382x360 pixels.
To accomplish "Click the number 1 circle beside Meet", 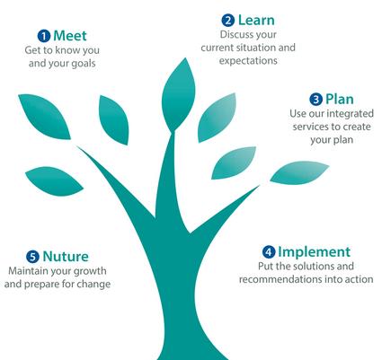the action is click(44, 36).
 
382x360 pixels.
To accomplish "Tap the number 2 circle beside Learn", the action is click(228, 21).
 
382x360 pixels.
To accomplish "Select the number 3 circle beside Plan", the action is click(315, 99).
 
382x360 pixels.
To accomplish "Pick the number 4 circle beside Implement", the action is click(269, 252).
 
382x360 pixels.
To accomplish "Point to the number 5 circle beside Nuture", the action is click(32, 257).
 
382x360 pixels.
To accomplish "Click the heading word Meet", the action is click(70, 36).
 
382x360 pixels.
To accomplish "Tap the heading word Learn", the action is click(256, 20).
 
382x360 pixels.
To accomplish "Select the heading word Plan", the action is click(340, 99).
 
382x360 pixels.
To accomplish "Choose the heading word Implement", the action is click(314, 252).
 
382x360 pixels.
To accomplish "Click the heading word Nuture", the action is click(66, 257).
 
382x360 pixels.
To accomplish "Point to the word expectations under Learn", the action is click(248, 61).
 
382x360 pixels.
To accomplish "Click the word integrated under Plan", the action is click(350, 114).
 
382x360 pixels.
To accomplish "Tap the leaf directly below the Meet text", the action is click(45, 116).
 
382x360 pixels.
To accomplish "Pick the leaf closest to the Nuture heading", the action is click(54, 181).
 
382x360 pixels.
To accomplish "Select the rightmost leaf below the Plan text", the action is click(299, 172).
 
